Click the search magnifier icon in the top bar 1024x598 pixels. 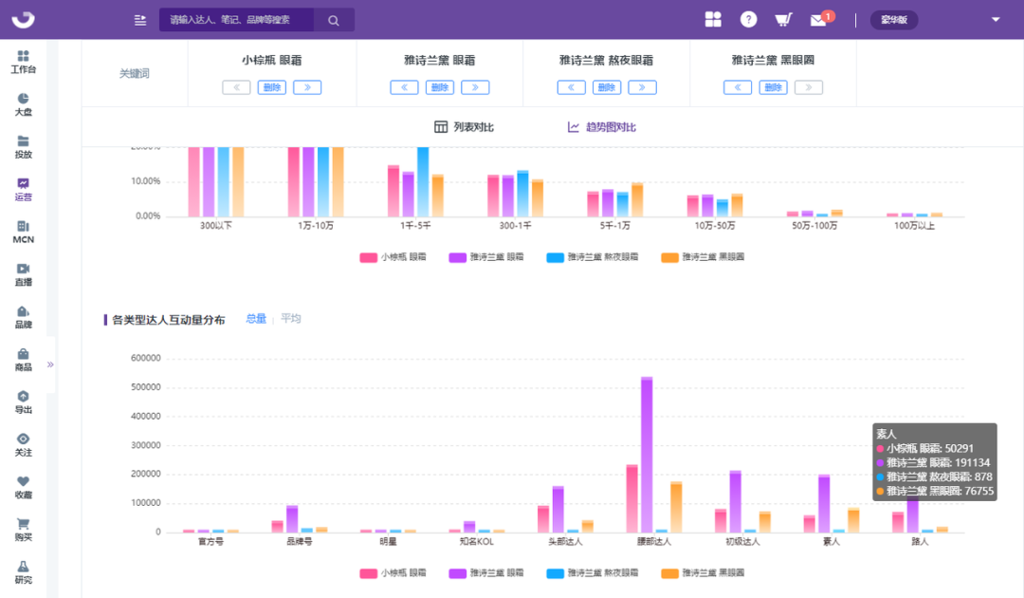tap(333, 20)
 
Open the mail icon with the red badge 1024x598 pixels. tap(818, 20)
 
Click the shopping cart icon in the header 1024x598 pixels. tap(783, 20)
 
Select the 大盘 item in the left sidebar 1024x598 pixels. tap(24, 104)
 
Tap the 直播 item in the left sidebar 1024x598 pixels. tap(24, 274)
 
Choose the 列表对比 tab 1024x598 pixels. tap(464, 127)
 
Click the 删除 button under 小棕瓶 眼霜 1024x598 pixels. tap(271, 87)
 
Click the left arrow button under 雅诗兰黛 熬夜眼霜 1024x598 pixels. tap(571, 87)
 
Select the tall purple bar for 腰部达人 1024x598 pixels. tap(647, 456)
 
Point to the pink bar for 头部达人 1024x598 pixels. tap(543, 519)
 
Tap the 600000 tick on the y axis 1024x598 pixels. tap(145, 359)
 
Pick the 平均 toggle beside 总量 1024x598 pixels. tap(290, 319)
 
